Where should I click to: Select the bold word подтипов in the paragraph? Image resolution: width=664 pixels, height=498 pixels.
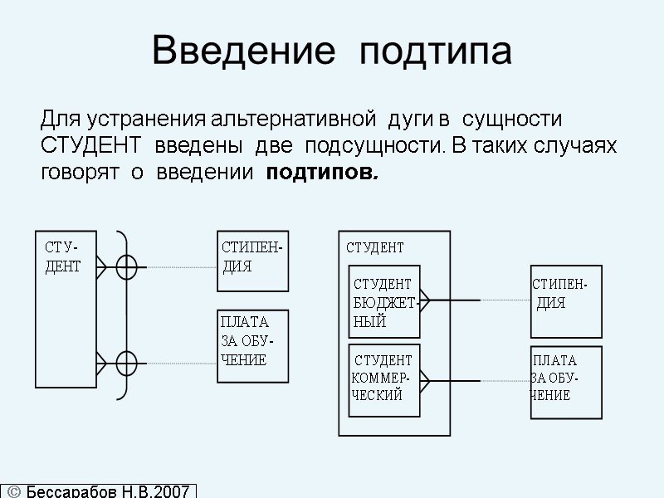pyautogui.click(x=322, y=174)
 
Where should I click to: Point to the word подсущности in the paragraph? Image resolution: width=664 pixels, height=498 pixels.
pyautogui.click(x=367, y=147)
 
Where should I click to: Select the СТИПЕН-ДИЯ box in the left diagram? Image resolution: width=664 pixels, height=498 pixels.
pyautogui.click(x=253, y=261)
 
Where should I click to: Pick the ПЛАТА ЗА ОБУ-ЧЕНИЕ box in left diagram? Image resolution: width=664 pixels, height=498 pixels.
pyautogui.click(x=253, y=346)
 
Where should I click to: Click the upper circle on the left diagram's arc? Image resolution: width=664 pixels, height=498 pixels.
pyautogui.click(x=126, y=267)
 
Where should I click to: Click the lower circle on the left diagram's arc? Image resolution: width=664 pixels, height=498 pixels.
pyautogui.click(x=126, y=363)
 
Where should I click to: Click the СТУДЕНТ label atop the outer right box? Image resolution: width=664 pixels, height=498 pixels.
pyautogui.click(x=374, y=247)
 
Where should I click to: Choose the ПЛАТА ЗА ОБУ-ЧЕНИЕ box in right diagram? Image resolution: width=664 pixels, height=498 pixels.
pyautogui.click(x=566, y=383)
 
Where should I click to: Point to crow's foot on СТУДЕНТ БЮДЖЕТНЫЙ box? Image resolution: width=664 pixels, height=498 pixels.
pyautogui.click(x=426, y=300)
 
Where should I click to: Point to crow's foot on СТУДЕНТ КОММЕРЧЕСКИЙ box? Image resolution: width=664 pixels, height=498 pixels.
pyautogui.click(x=426, y=380)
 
